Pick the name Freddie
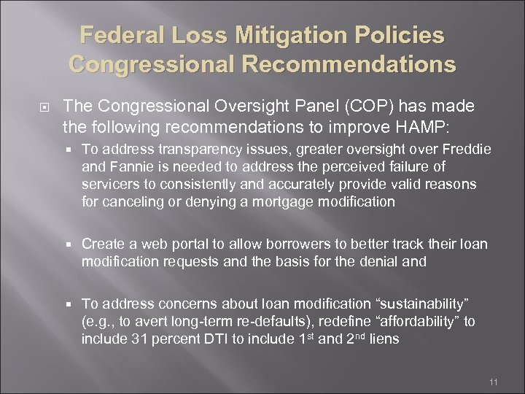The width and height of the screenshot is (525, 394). coord(466,149)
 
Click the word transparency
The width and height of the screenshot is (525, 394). coord(184,149)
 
